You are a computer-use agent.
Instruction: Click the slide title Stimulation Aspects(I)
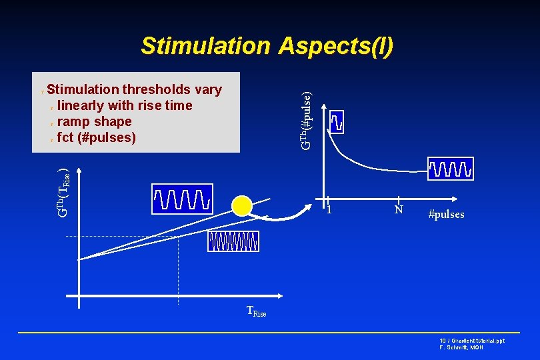point(267,46)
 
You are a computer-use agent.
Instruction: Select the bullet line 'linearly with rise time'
point(125,105)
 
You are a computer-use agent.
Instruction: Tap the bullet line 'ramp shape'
point(94,121)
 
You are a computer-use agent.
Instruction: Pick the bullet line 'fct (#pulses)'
point(97,138)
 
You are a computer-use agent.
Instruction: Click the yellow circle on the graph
point(242,207)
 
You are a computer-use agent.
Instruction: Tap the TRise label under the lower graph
point(256,311)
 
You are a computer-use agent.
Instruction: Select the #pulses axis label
point(446,214)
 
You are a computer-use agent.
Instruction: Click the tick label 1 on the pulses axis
point(329,210)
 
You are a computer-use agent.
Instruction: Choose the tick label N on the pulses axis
point(398,210)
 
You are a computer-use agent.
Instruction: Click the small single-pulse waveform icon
point(337,121)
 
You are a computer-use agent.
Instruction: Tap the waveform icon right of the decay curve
point(451,169)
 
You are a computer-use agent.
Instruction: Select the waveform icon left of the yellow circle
point(182,198)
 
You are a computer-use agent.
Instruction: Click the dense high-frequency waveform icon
point(233,241)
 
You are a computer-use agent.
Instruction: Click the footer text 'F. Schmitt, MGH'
point(462,347)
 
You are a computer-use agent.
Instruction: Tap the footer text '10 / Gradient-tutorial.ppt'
point(472,340)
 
